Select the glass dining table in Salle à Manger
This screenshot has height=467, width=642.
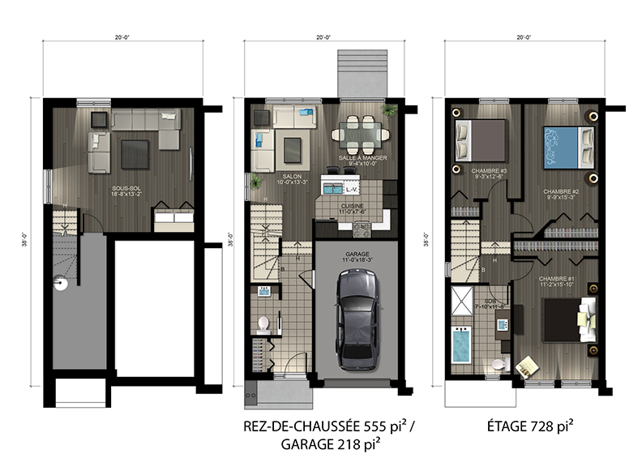(357, 131)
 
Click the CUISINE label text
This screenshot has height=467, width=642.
(351, 207)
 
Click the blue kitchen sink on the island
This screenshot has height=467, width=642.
(332, 188)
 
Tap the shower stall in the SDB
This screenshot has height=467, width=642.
(463, 302)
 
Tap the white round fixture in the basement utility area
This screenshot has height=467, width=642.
(59, 284)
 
